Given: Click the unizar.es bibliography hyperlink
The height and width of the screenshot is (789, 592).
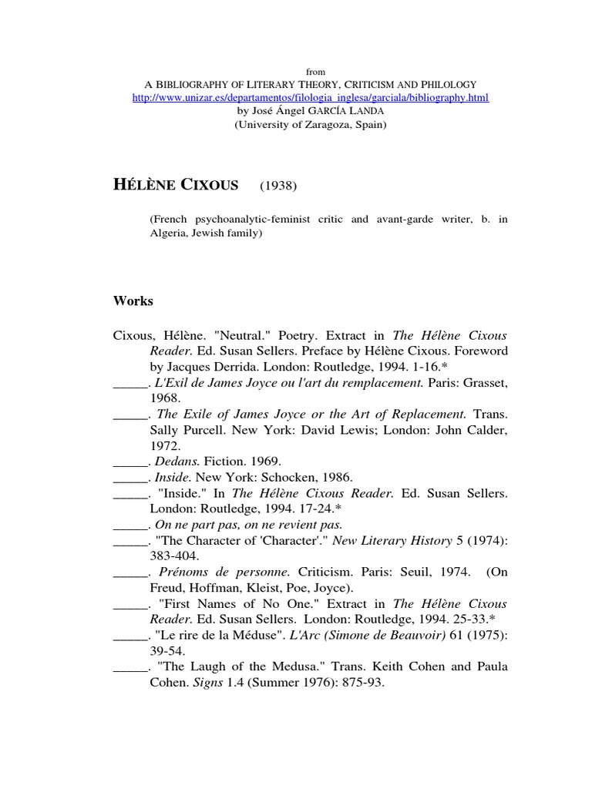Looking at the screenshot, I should [x=311, y=98].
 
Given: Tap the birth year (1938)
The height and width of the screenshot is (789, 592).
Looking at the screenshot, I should [x=278, y=186].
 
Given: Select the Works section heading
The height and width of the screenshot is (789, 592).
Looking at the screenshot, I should [x=133, y=301].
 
